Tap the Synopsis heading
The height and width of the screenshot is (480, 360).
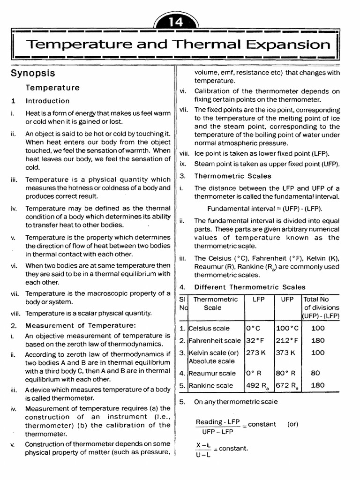coord(33,74)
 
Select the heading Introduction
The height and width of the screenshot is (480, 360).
coord(47,101)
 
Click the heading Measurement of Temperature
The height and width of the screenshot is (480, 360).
coord(81,325)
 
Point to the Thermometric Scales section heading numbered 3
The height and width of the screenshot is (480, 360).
coord(232,176)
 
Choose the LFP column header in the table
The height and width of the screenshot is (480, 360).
coord(258,299)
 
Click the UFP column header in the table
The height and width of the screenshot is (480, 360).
coord(287,299)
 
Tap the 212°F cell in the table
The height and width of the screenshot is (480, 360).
coord(287,341)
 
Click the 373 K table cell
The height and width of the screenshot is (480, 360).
coord(286,352)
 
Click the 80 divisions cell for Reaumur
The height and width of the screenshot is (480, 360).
coord(315,374)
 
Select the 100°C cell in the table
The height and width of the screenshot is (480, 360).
coord(287,329)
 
